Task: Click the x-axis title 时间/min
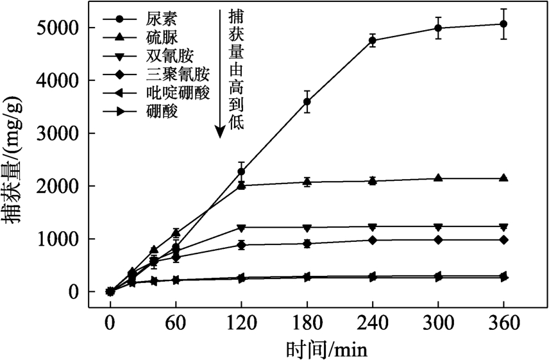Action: (326, 349)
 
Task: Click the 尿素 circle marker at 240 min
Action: (373, 40)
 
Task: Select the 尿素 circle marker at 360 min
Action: (503, 24)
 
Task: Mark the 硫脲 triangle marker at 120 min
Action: (241, 185)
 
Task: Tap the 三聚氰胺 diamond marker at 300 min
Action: (438, 239)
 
